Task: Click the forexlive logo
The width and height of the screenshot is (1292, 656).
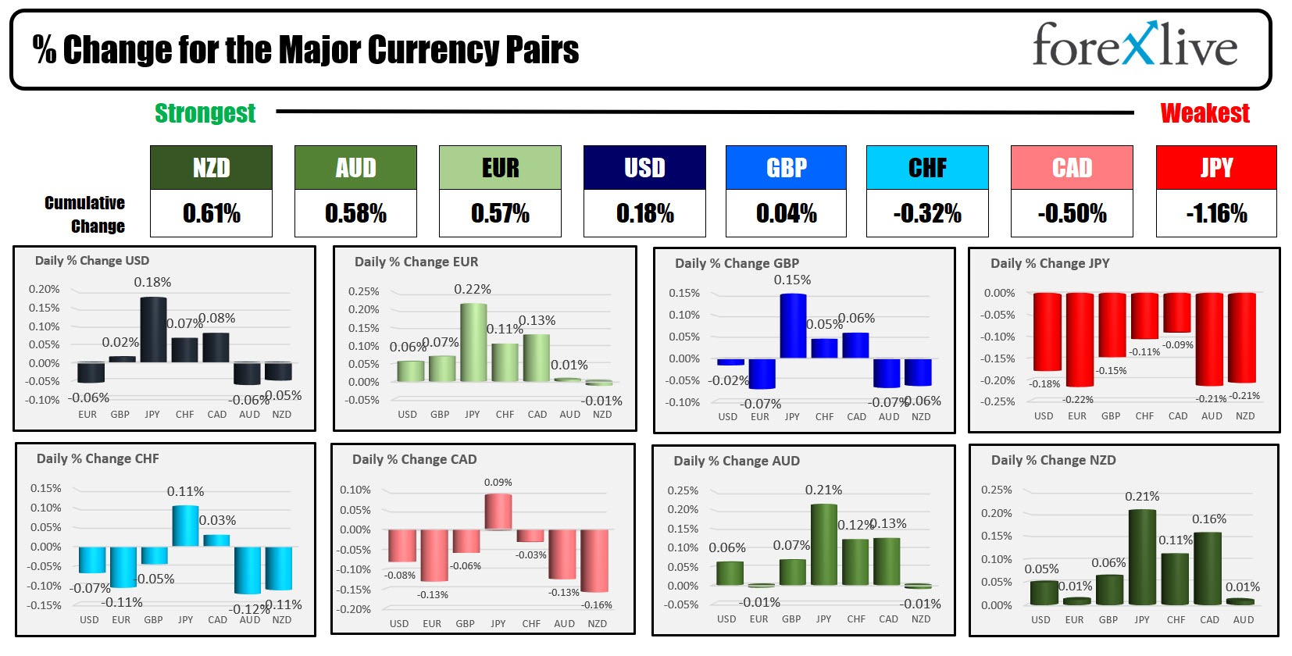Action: pos(1134,45)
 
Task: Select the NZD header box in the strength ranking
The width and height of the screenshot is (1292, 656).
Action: pos(211,168)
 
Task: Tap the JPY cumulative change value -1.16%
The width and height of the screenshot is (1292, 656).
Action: pos(1216,213)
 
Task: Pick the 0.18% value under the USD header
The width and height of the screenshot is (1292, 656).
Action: pos(644,213)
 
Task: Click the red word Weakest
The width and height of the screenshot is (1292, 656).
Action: pos(1205,113)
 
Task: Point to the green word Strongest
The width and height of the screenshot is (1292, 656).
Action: pos(205,113)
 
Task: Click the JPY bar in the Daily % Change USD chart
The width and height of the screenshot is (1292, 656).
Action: pos(152,330)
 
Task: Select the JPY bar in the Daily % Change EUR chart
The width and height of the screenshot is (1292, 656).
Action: pos(473,342)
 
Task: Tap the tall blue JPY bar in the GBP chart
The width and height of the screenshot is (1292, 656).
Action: pos(793,326)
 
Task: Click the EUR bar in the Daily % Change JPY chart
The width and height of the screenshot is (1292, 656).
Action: pos(1080,339)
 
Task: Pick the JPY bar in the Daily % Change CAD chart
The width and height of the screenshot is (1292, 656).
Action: pos(498,512)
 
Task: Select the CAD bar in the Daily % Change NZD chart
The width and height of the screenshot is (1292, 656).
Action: pos(1208,568)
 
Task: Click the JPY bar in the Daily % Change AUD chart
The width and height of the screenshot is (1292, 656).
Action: pos(823,544)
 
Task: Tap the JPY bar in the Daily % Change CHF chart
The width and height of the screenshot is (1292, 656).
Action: pos(185,526)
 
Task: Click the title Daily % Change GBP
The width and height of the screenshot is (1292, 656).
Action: pos(737,263)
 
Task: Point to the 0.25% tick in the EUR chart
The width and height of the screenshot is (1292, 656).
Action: pos(363,291)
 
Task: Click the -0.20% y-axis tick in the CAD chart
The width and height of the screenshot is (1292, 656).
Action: pos(355,609)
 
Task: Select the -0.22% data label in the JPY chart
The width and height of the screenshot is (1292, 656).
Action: pos(1078,399)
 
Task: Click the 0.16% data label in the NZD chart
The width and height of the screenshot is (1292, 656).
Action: pos(1208,519)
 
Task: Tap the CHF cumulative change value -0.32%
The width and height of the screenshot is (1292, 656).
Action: pos(927,213)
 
